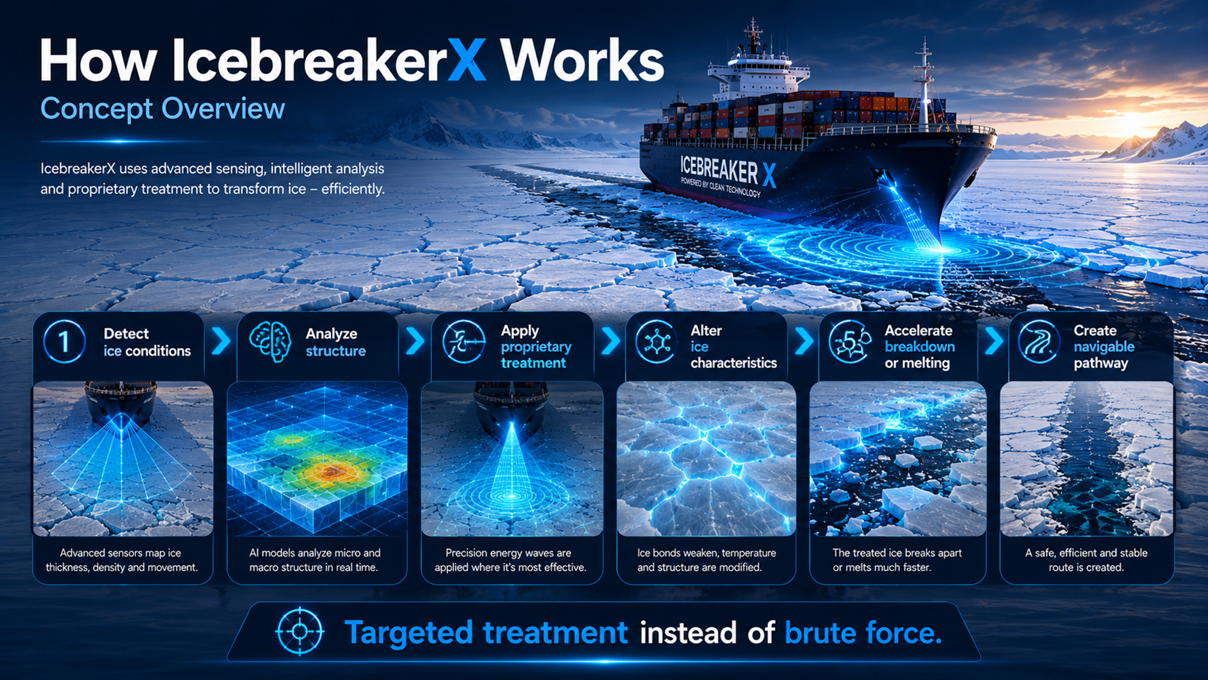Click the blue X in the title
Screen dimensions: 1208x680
click(x=466, y=60)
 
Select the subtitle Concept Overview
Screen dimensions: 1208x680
click(x=163, y=109)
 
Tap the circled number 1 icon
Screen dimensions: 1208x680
click(x=64, y=342)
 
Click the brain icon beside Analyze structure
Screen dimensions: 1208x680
click(x=270, y=342)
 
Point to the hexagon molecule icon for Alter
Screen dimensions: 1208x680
click(x=657, y=342)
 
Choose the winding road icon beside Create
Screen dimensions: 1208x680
click(x=1039, y=342)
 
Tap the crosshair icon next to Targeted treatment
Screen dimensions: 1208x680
click(x=299, y=632)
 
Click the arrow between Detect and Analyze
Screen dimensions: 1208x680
click(x=222, y=341)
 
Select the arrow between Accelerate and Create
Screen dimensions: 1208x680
click(x=993, y=341)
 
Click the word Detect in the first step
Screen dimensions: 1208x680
click(x=126, y=334)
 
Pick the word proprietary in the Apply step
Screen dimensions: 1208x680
click(x=536, y=348)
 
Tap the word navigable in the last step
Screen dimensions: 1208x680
click(x=1104, y=347)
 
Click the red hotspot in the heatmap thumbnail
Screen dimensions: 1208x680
click(x=331, y=471)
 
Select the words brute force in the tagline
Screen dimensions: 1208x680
click(x=863, y=633)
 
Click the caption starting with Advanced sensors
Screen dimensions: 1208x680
click(x=122, y=560)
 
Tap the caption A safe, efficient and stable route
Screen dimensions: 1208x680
click(x=1086, y=560)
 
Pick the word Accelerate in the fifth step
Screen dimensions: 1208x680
click(x=918, y=331)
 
